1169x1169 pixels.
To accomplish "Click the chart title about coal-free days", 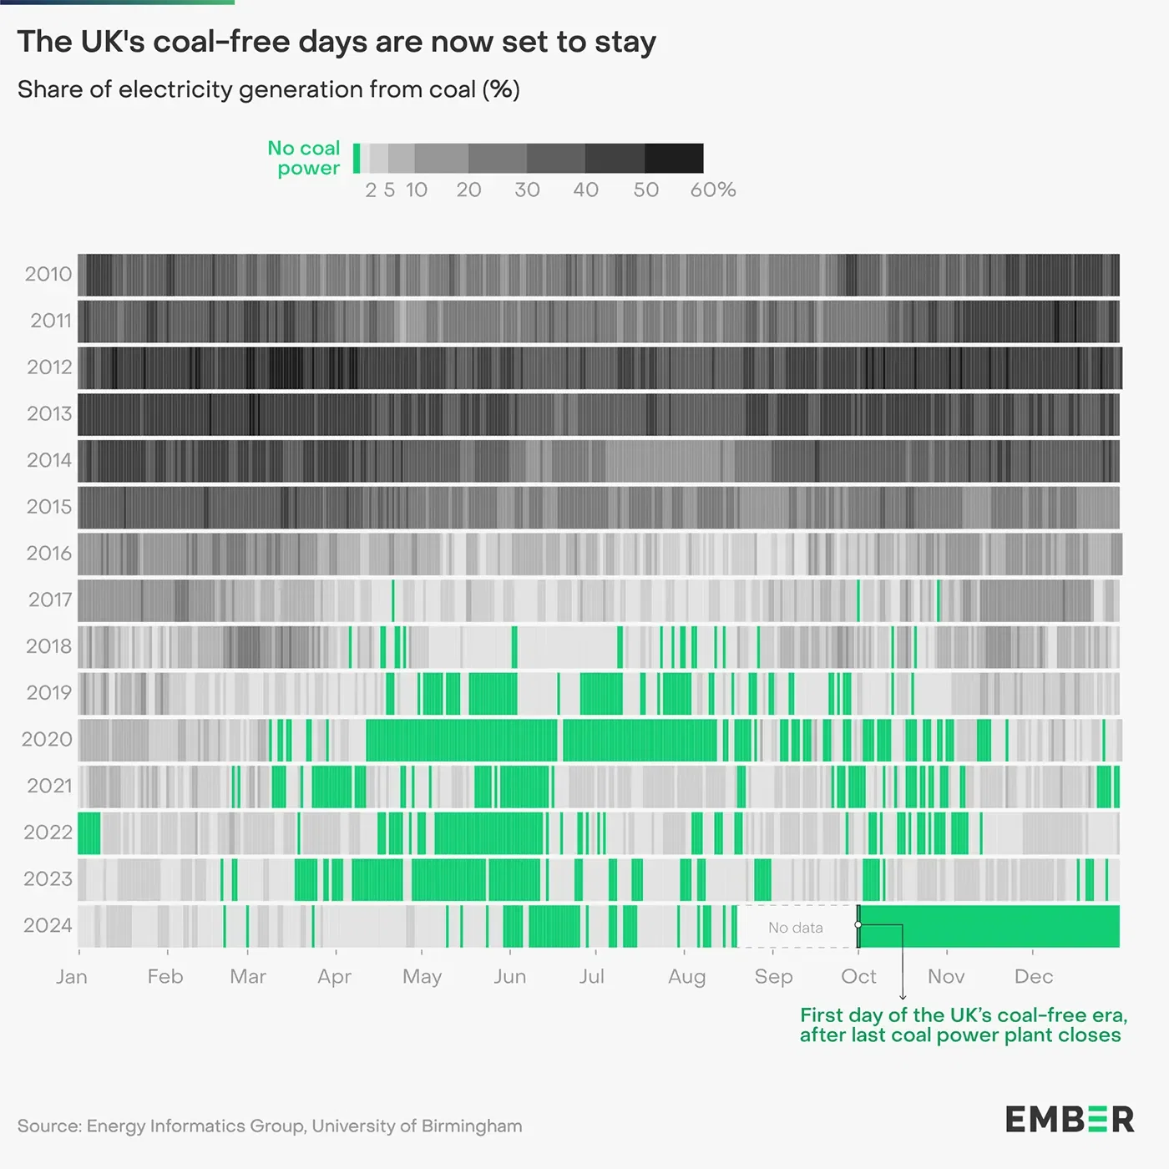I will (x=337, y=42).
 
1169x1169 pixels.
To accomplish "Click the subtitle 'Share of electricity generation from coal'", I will (x=268, y=89).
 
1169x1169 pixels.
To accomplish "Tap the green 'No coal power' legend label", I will (x=304, y=158).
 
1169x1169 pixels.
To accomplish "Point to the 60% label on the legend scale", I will (x=712, y=190).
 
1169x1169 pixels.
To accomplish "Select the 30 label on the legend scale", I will (x=527, y=190).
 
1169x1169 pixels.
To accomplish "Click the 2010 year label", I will (x=48, y=274).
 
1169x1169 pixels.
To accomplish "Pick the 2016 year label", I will (x=49, y=553).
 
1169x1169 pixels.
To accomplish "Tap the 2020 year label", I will (x=48, y=739).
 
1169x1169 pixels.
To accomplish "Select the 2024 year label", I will (x=48, y=925).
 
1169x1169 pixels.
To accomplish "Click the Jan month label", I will (x=72, y=976).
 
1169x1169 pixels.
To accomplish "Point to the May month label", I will (x=422, y=976).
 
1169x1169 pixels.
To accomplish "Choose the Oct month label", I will (x=858, y=976).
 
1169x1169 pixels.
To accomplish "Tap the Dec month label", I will (x=1034, y=976).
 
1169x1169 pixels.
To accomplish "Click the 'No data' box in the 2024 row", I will (x=796, y=927).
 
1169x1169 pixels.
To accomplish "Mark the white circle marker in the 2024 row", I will (x=858, y=925).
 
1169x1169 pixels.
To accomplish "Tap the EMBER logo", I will (x=1070, y=1119).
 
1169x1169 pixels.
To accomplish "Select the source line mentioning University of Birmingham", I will (x=270, y=1126).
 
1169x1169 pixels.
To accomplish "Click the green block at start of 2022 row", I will (x=89, y=832).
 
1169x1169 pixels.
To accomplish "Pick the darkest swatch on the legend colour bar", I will (x=674, y=159).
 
